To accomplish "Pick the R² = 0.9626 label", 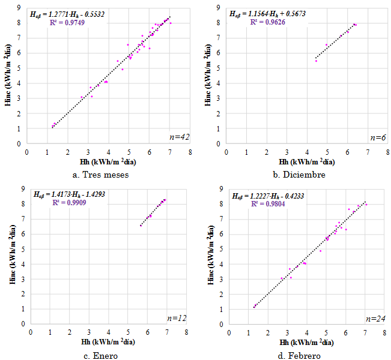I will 268,22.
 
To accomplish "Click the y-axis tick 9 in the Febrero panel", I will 222,189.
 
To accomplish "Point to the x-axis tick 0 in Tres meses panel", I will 27,152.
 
